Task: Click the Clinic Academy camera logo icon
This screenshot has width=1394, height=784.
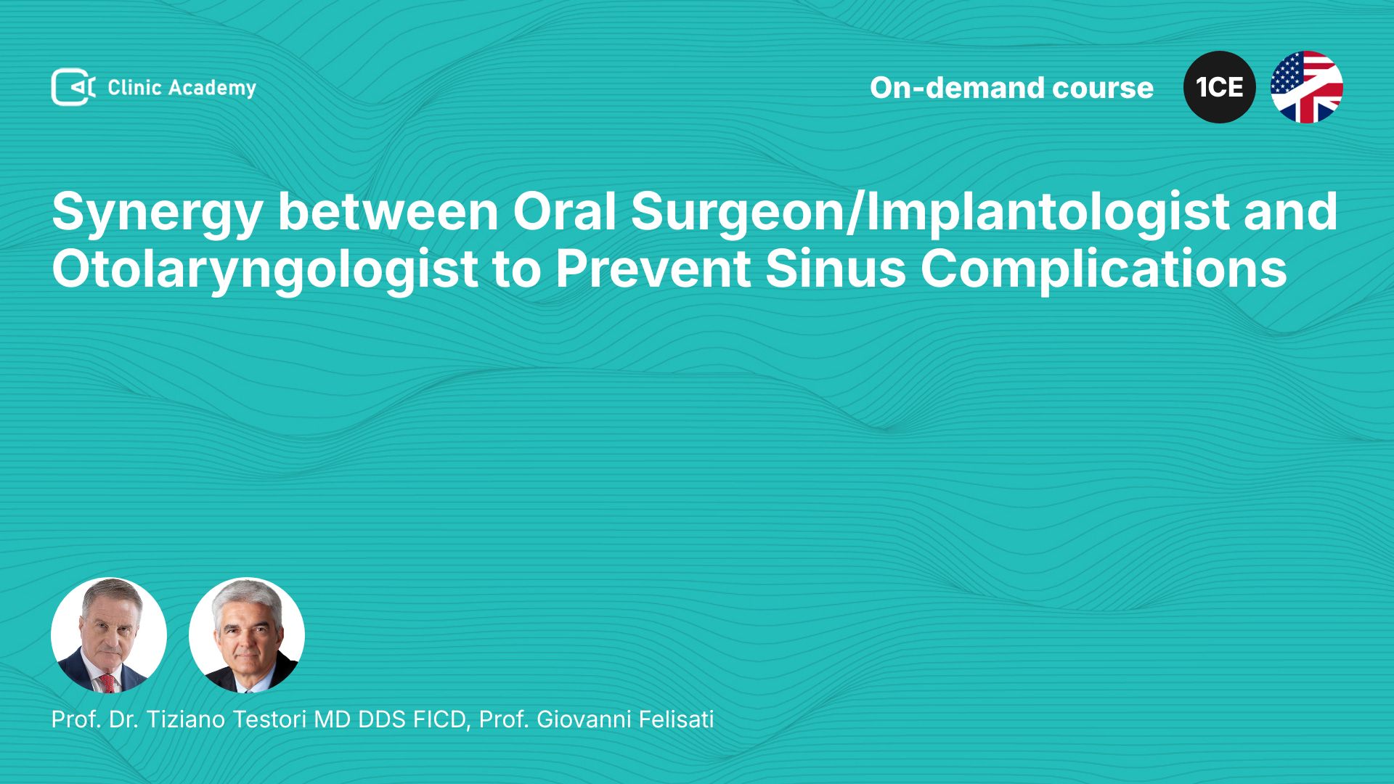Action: (73, 87)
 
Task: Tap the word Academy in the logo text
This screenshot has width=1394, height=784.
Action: (213, 89)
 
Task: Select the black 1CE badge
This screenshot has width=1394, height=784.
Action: (1219, 87)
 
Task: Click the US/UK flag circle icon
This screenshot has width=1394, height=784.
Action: (1307, 87)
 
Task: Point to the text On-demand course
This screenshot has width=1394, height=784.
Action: (1011, 88)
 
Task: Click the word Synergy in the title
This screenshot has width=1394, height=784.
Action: (157, 213)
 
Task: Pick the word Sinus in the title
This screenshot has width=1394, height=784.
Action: (836, 269)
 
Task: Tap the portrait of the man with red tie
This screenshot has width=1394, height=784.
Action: (109, 635)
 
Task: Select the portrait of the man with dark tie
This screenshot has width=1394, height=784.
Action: (247, 635)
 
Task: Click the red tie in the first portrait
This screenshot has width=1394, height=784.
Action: (107, 682)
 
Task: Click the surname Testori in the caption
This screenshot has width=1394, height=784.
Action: (270, 719)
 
